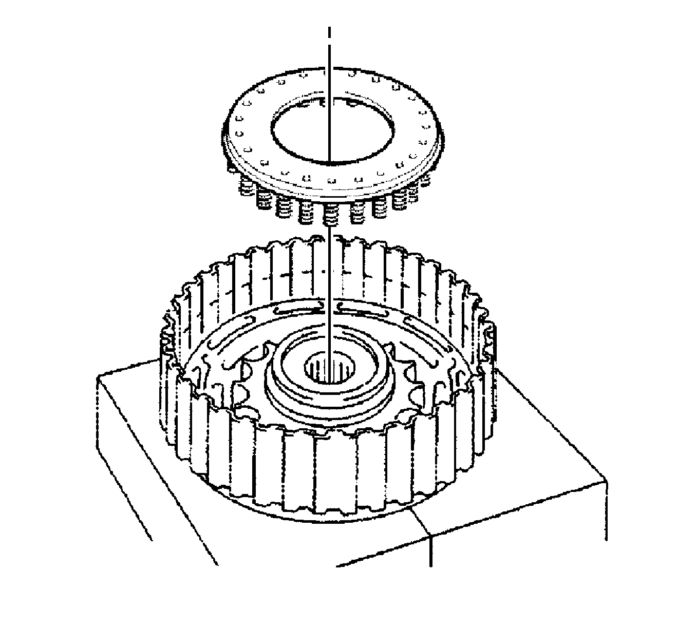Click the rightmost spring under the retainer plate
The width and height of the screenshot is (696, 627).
424,180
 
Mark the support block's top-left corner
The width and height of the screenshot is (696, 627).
98,376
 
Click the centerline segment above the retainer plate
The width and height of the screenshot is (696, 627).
329,56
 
